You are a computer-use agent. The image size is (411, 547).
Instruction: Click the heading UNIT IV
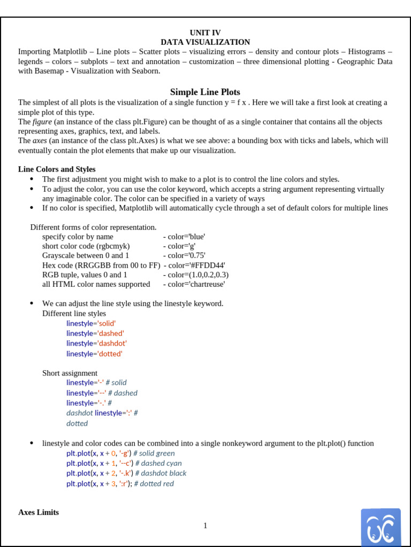tap(205, 33)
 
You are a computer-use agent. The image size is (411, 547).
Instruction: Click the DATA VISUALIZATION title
tap(205, 42)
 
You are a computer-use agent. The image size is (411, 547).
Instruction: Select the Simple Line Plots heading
tap(205, 92)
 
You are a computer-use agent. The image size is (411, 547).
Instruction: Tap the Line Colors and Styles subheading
tap(57, 169)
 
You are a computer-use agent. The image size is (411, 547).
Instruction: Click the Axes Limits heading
tap(39, 512)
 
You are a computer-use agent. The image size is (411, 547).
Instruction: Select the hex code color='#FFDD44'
tap(196, 265)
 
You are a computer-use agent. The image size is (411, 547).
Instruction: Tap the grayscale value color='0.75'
tap(186, 255)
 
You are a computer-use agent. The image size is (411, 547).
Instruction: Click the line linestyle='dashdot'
tap(96, 343)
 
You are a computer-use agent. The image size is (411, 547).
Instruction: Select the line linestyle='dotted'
tap(94, 354)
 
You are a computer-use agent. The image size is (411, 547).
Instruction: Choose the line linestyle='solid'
tap(91, 323)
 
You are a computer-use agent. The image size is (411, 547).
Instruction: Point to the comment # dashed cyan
tap(158, 463)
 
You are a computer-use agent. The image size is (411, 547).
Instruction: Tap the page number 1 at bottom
tap(205, 526)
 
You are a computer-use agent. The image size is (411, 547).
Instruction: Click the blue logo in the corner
tap(380, 527)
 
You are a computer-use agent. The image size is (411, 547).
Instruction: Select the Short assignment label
tap(70, 373)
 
